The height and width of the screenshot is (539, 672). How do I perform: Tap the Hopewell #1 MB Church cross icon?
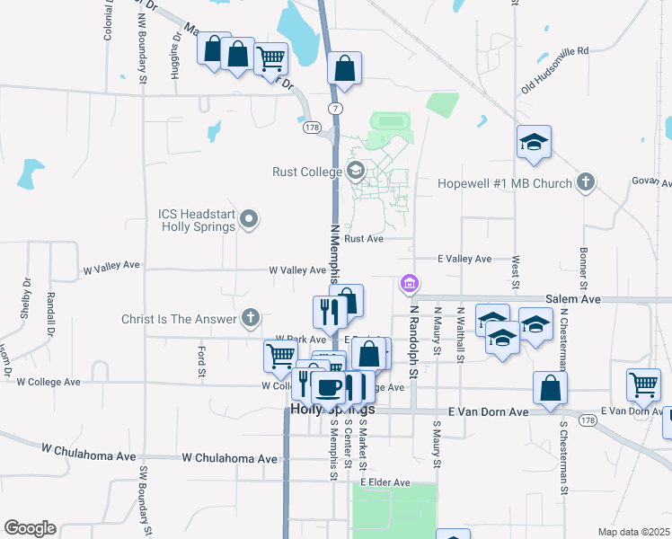click(585, 183)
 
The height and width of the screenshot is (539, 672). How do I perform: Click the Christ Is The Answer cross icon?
click(251, 318)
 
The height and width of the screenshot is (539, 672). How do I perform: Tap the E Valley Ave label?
click(464, 259)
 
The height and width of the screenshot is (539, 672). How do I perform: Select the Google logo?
click(30, 528)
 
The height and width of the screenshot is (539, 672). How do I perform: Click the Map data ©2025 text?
click(633, 532)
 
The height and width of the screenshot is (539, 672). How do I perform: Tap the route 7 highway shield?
click(334, 108)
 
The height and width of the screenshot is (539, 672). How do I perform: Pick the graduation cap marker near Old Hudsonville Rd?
click(534, 142)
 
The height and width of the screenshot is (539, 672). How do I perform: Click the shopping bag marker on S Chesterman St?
click(550, 388)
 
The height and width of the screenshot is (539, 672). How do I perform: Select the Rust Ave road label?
click(364, 239)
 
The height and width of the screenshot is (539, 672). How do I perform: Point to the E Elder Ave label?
click(385, 482)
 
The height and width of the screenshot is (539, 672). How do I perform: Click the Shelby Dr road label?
click(25, 298)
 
